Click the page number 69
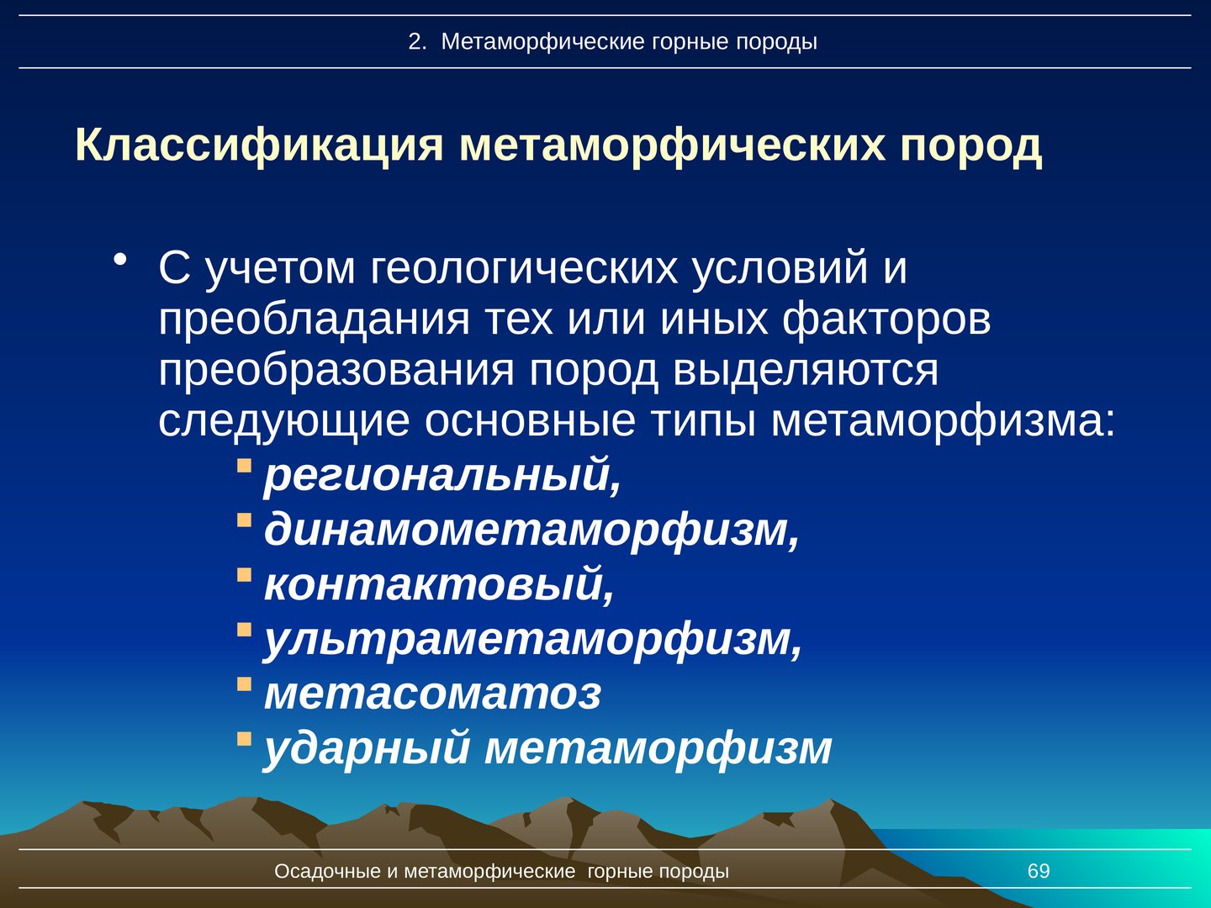tap(1039, 871)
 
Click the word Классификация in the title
tap(259, 146)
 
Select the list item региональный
tap(442, 475)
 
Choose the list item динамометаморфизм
tap(531, 530)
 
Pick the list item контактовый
tap(439, 584)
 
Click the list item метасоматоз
tap(432, 694)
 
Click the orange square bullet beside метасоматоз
tap(244, 684)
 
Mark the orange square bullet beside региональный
tap(244, 466)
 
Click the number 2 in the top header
tap(415, 42)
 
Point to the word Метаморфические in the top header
tap(543, 42)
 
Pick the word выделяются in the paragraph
tap(806, 371)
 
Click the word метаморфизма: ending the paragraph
tap(943, 423)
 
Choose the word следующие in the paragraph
tap(283, 423)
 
